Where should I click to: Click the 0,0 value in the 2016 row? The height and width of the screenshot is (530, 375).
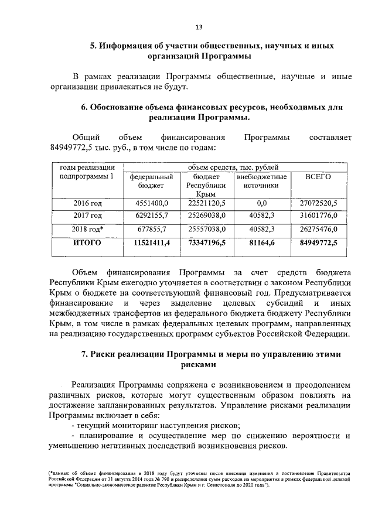(x=261, y=203)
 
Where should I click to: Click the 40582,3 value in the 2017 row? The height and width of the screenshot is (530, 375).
(x=261, y=216)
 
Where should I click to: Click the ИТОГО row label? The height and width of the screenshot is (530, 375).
(x=87, y=242)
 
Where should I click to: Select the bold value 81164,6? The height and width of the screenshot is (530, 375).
(x=261, y=242)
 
